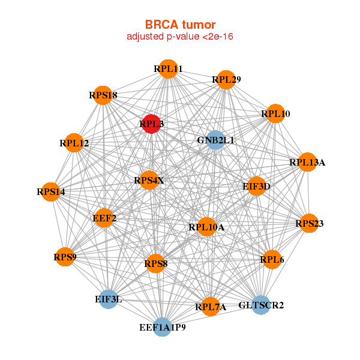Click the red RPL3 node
151,124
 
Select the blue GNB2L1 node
215,140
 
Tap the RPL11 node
168,69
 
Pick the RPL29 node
226,79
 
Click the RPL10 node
275,113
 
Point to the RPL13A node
307,162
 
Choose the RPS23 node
309,223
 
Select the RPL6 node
272,259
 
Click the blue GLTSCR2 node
261,305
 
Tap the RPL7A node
211,307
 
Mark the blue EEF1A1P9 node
162,327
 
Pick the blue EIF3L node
108,299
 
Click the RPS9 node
65,257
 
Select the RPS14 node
51,192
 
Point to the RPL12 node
74,143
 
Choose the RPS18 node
103,95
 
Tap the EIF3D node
256,186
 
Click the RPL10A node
206,227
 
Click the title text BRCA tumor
180,25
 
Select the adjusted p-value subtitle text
180,37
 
